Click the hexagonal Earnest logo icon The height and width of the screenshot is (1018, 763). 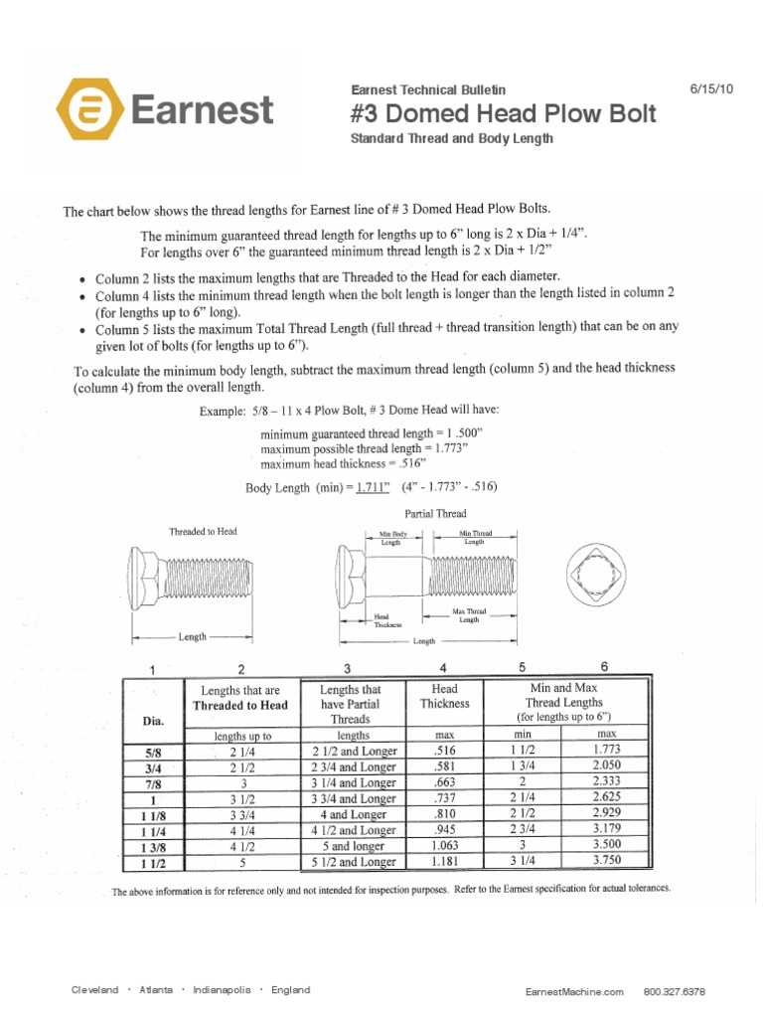(x=90, y=109)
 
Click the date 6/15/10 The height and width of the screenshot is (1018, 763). (x=710, y=88)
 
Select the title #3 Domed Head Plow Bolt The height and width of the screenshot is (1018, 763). (x=504, y=113)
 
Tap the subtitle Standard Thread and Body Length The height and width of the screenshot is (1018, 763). (x=452, y=139)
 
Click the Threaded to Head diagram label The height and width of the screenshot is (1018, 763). (x=203, y=532)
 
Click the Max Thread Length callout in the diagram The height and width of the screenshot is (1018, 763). (x=468, y=614)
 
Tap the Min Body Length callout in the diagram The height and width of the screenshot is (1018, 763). (x=389, y=539)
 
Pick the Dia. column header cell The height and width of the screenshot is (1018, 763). (x=153, y=721)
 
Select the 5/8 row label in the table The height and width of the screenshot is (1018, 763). (x=153, y=753)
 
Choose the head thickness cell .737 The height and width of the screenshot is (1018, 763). (x=444, y=798)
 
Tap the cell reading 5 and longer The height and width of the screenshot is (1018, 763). (x=354, y=846)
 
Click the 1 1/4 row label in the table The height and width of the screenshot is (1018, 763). (x=153, y=830)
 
